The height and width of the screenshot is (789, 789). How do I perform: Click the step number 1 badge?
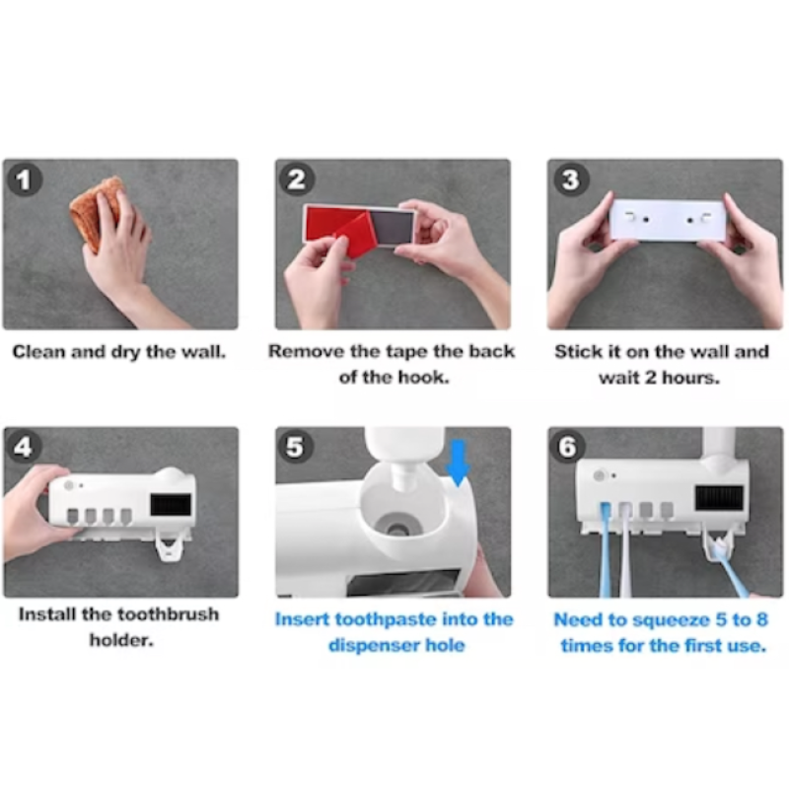24,179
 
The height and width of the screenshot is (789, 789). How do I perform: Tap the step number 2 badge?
297,179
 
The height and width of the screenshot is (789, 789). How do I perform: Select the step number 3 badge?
570,179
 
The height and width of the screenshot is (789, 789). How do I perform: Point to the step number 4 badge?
24,447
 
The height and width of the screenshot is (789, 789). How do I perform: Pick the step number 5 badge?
295,447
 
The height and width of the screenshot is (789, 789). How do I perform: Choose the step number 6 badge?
568,447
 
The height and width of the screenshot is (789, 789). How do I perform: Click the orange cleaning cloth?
96,212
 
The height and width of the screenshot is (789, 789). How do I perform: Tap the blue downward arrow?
458,463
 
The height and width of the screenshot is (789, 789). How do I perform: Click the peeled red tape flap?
351,235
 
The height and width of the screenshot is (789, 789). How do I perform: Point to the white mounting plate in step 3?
668,219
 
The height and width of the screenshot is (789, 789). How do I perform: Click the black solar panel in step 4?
171,504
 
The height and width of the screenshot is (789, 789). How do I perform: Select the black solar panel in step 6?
719,498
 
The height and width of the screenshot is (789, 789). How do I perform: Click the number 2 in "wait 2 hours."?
651,378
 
